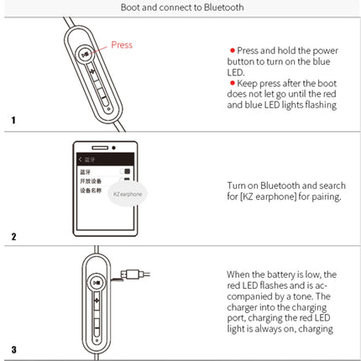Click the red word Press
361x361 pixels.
click(x=123, y=45)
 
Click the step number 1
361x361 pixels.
click(x=13, y=121)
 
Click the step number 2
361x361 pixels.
click(x=13, y=236)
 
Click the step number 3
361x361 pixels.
click(x=13, y=348)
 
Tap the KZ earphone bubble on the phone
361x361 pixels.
click(x=128, y=193)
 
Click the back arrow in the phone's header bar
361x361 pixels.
click(x=80, y=159)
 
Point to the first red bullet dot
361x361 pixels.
click(x=233, y=50)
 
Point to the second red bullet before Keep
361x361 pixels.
click(x=233, y=83)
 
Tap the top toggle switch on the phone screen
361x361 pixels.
click(x=127, y=171)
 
